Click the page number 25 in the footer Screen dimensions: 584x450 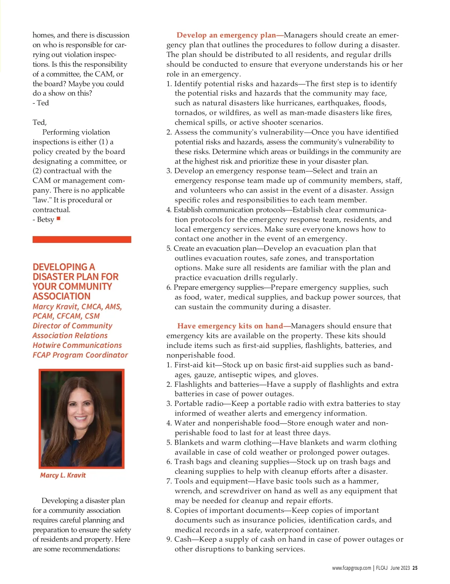[415, 568]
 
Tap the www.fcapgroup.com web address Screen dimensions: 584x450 [351, 568]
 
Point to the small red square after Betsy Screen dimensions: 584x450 [58, 218]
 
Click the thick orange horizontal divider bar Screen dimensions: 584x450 [82, 240]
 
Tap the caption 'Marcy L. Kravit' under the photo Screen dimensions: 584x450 [63, 475]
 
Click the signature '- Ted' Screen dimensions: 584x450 [41, 103]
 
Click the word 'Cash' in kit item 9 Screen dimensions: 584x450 [183, 539]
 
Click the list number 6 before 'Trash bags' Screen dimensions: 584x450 [169, 462]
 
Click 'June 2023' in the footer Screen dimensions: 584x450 [400, 568]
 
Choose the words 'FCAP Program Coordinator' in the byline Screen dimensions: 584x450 [80, 355]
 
